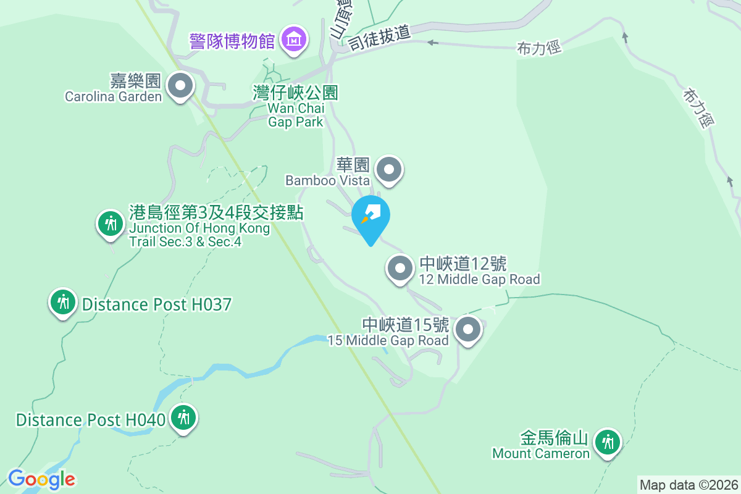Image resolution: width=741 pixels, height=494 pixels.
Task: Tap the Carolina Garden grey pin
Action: [180, 86]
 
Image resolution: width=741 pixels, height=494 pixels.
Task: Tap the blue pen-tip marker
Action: [371, 216]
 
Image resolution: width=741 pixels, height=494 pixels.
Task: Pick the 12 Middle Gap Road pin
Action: [400, 269]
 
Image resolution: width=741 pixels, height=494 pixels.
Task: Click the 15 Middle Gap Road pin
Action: [468, 329]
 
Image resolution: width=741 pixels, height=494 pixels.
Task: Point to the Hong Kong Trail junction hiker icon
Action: [111, 223]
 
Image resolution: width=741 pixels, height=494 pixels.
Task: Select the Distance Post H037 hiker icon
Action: [62, 302]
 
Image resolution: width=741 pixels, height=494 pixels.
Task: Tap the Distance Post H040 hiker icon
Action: [183, 417]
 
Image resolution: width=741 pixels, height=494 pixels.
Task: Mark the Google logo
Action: [41, 479]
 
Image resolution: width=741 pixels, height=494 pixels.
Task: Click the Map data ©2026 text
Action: [689, 485]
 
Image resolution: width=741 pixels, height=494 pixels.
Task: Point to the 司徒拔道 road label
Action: [379, 38]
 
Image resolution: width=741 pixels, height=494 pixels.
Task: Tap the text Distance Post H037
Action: [156, 304]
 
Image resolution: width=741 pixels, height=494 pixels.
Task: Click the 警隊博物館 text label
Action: [232, 41]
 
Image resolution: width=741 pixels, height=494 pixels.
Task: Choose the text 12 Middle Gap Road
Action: [479, 280]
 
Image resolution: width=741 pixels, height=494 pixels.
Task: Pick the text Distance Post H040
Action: [91, 420]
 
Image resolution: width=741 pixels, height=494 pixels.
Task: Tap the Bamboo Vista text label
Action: [327, 180]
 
